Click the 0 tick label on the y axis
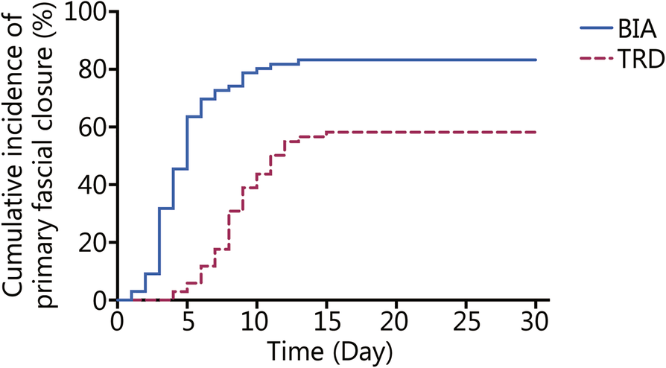tap(98, 300)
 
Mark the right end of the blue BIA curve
tap(536, 60)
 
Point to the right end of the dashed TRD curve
tap(536, 132)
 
